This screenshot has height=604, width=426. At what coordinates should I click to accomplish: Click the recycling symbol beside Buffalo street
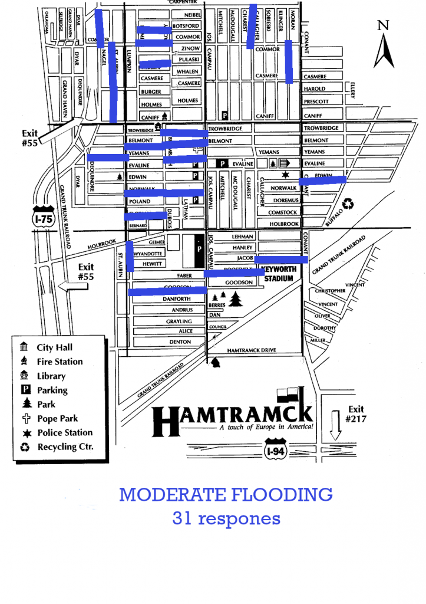pyautogui.click(x=349, y=203)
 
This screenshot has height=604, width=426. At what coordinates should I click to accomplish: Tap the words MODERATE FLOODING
pyautogui.click(x=226, y=494)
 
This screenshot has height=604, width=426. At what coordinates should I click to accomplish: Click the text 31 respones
pyautogui.click(x=226, y=518)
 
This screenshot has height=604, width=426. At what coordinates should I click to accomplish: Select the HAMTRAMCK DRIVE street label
pyautogui.click(x=251, y=350)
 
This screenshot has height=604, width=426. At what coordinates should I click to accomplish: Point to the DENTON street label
pyautogui.click(x=180, y=342)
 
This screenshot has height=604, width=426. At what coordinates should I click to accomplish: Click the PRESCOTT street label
pyautogui.click(x=315, y=101)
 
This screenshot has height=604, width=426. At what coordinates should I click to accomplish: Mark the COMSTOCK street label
pyautogui.click(x=283, y=212)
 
